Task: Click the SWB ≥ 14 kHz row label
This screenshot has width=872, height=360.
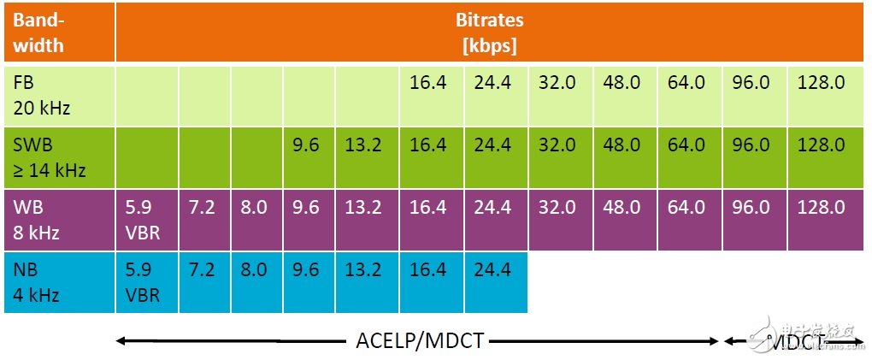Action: tap(50, 157)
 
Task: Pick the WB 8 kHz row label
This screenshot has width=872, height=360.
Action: tap(34, 219)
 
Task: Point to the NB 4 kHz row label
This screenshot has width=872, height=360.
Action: tap(34, 281)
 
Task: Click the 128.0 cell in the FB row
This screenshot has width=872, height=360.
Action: tap(821, 83)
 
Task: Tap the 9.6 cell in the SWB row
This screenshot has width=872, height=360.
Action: tap(305, 145)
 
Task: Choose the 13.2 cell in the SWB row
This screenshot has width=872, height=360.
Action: tap(363, 145)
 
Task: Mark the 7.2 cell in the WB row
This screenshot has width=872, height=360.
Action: tap(202, 208)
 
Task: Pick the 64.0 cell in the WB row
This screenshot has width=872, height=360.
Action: tap(686, 208)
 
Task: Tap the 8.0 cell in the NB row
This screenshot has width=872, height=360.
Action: tap(253, 270)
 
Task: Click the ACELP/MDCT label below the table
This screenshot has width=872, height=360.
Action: tap(419, 341)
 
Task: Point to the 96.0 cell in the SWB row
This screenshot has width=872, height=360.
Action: tap(751, 145)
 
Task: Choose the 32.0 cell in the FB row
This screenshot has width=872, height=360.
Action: tap(557, 83)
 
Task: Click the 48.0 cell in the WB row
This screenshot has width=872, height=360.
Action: tap(622, 208)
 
